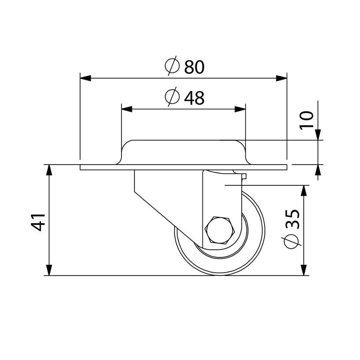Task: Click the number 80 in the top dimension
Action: (194, 67)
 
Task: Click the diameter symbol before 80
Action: (172, 67)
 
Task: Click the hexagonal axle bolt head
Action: (220, 230)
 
